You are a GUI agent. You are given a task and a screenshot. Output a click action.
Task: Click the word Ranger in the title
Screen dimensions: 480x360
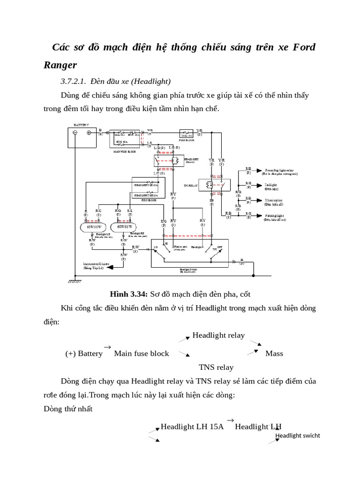[x=60, y=64]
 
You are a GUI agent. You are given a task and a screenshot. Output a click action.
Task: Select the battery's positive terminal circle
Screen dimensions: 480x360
[x=89, y=133]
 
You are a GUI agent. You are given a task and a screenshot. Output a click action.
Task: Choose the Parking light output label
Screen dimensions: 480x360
[x=274, y=217]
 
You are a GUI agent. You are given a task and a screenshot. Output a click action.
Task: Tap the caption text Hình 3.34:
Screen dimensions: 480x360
[x=129, y=294]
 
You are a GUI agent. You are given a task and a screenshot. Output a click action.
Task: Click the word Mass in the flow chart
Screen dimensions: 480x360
[x=274, y=353]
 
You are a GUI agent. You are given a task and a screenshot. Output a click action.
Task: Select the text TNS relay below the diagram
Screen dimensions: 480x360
[x=216, y=367]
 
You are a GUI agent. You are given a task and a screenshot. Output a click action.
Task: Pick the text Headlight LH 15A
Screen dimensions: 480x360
[x=192, y=427]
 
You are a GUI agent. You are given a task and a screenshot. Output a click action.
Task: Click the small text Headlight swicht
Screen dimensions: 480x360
[x=298, y=435]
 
